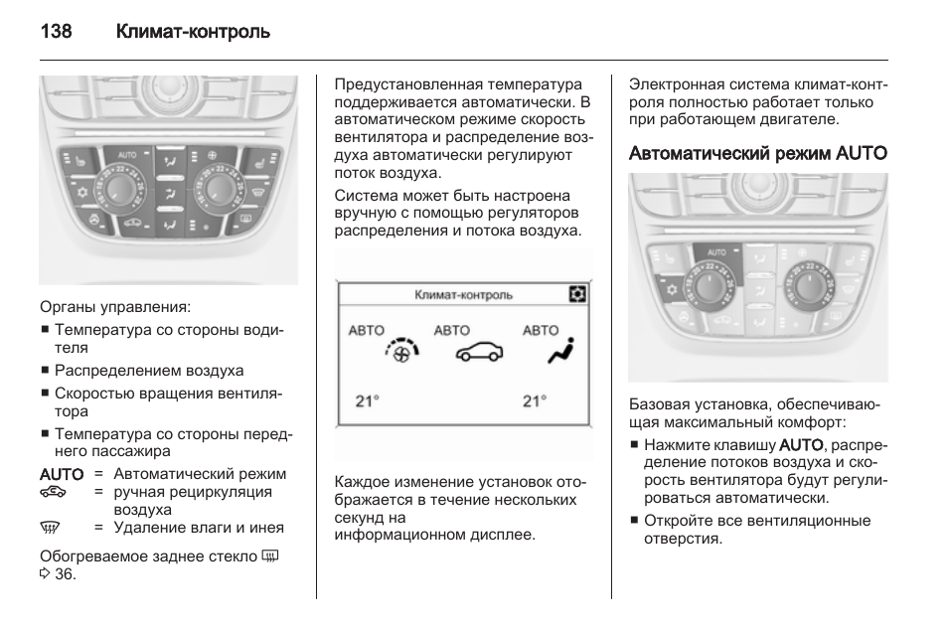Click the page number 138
tap(56, 32)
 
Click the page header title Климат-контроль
tap(193, 32)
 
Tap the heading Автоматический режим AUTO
tap(758, 153)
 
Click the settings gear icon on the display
tap(577, 294)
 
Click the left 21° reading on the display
tap(368, 401)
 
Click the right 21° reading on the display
tap(535, 401)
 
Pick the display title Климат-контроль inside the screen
tap(463, 295)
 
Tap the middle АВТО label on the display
tap(452, 330)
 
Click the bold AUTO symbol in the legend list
tap(62, 474)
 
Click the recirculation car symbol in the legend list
tap(53, 492)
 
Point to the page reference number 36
tap(65, 574)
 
